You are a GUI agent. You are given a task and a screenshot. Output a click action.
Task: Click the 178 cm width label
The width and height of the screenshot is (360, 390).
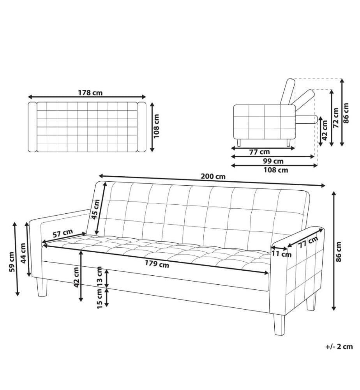coord(90,93)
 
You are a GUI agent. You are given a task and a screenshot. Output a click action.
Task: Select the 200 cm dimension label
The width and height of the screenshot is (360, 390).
coord(213,176)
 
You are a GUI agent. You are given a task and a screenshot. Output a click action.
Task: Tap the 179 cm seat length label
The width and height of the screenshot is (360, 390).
coord(157,264)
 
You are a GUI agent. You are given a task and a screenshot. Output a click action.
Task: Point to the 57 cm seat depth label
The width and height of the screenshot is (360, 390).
coord(63,233)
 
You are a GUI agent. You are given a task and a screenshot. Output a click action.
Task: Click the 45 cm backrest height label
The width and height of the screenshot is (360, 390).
coord(95,209)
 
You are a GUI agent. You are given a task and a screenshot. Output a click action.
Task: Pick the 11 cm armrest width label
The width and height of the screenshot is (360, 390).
coord(281,254)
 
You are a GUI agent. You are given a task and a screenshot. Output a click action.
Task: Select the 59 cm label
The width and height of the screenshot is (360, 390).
coord(11,262)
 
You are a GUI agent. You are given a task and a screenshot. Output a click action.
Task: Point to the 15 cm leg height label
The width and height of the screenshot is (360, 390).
coord(99,299)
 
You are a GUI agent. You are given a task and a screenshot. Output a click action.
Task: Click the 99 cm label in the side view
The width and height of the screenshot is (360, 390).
coord(273,161)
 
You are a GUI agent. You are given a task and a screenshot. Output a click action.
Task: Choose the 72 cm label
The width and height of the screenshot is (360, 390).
coord(336,118)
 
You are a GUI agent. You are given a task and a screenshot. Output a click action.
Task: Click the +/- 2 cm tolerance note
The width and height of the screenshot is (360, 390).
coord(339,346)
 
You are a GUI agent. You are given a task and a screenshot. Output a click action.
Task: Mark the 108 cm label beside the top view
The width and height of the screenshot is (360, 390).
coord(156,126)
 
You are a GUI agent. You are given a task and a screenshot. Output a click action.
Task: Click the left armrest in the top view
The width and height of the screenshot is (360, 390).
coord(32,127)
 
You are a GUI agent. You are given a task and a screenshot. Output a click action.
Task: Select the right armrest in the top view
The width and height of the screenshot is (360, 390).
coord(141,127)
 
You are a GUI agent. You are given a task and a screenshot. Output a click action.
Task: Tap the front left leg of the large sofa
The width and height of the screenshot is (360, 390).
coord(42,287)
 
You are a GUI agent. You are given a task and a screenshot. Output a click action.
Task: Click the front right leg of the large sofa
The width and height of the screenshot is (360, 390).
coord(279,324)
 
